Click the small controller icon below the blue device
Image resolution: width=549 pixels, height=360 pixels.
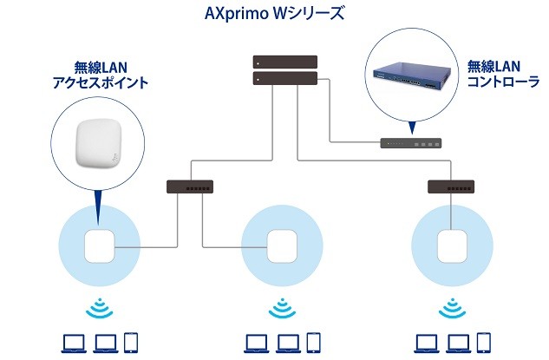(413, 143)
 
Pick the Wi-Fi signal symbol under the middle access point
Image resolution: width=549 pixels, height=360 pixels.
(279, 308)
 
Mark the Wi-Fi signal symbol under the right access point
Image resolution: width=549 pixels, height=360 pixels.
(449, 308)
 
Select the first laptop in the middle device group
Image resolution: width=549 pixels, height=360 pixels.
(256, 343)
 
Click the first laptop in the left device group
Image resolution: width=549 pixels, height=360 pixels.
(72, 343)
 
